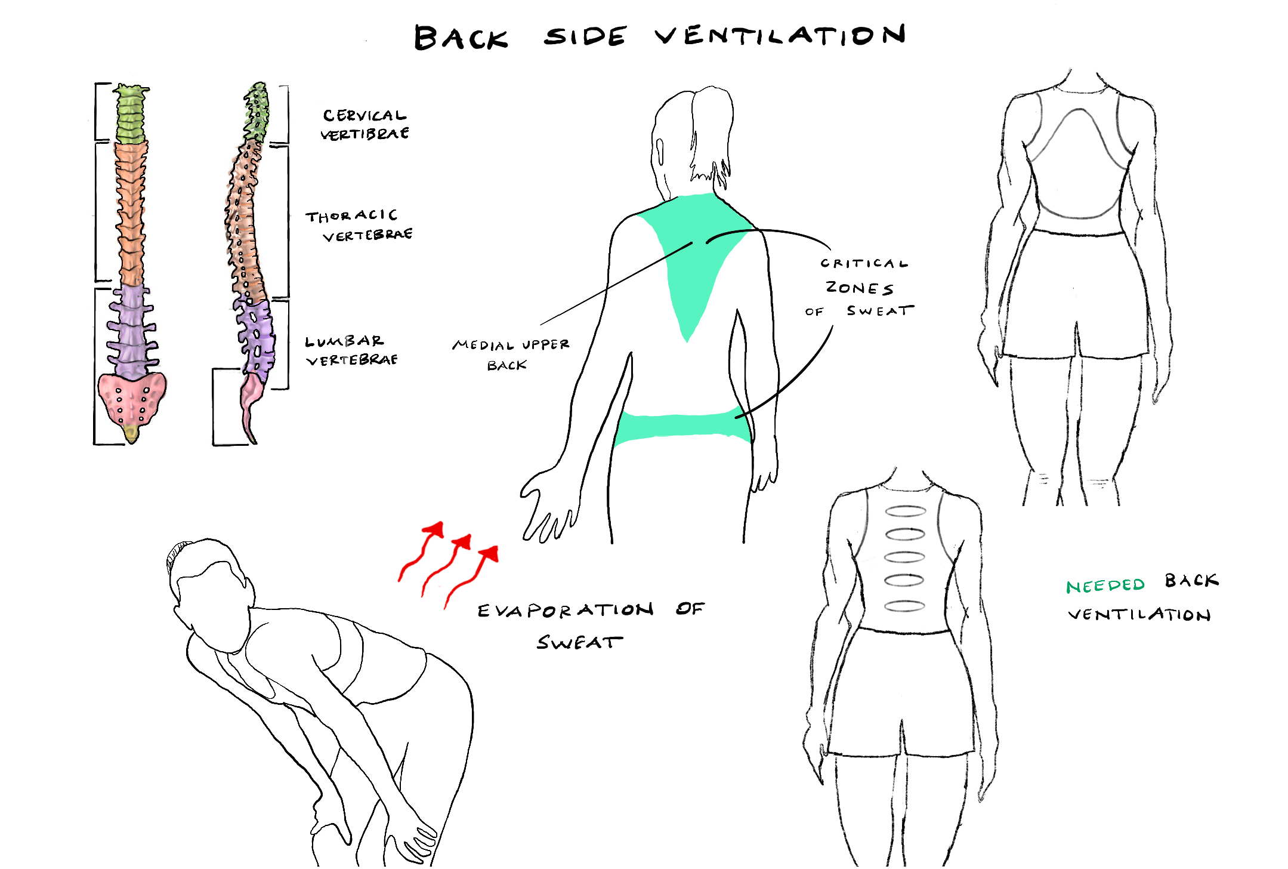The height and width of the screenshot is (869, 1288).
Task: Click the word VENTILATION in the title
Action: (780, 36)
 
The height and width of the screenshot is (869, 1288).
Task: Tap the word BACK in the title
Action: (461, 38)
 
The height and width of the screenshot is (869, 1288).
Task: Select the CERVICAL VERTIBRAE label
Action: (365, 124)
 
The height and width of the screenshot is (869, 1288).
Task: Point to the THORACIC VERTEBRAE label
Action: (359, 226)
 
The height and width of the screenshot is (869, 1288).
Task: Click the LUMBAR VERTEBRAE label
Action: (352, 350)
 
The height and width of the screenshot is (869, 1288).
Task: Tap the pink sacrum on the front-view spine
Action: (132, 397)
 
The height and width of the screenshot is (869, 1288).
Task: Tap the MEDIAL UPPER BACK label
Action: (510, 355)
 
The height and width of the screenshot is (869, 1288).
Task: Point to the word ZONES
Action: (859, 288)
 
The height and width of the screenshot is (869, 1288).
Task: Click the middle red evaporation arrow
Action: (446, 565)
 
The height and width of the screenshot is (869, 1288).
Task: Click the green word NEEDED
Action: (1105, 586)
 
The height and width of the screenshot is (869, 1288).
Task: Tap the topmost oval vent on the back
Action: (905, 511)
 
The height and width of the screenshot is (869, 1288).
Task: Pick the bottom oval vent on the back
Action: (904, 606)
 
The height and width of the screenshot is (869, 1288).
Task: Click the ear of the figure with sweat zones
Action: (660, 152)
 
